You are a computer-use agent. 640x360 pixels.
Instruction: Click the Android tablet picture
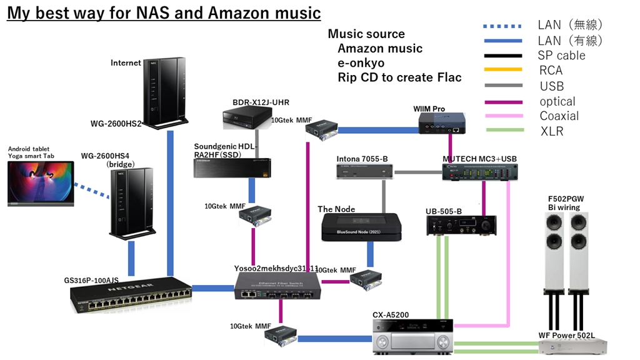pos(40,183)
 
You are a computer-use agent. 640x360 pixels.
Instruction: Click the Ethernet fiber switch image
pos(277,289)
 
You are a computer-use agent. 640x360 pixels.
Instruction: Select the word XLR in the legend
pos(551,131)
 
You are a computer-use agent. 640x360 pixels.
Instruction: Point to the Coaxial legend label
pos(559,116)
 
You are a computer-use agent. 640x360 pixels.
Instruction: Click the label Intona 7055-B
pos(362,159)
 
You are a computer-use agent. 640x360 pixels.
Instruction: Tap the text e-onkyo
pos(361,63)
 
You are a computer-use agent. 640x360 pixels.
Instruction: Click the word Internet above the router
pos(126,62)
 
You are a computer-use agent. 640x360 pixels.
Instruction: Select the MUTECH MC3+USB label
pos(479,159)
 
